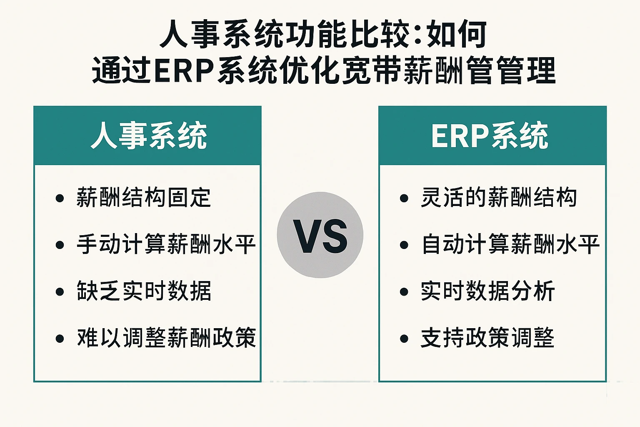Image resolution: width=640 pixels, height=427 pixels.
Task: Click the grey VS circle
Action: coord(320,235)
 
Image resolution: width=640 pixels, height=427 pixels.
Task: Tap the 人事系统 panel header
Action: coord(147,136)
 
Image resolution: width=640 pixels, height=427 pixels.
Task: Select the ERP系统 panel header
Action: coord(492,136)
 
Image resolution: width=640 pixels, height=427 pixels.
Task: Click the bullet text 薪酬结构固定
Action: coord(144,198)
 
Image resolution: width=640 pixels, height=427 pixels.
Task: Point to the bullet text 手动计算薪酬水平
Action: coord(166,244)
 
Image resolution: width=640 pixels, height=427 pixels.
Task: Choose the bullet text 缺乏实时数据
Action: coord(144,291)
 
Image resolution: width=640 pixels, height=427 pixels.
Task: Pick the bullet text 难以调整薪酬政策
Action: coord(166,338)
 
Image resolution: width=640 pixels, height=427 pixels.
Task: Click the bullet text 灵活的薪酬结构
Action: coord(499,198)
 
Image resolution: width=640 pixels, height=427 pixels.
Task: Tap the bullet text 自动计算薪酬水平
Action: coord(510,244)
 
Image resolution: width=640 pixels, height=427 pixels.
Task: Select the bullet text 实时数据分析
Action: coord(488,291)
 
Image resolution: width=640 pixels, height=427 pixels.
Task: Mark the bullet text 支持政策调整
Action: coord(487,338)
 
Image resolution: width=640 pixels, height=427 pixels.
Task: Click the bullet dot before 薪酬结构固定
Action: coord(60,198)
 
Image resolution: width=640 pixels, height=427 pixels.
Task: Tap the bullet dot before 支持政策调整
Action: coord(404,339)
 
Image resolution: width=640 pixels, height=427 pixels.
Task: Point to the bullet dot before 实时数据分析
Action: coord(404,292)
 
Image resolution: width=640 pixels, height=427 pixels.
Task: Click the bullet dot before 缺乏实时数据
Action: coord(60,292)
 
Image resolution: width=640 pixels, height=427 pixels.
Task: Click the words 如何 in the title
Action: coord(457,34)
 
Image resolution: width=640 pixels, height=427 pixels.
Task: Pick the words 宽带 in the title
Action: coord(372,70)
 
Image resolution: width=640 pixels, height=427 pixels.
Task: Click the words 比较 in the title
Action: coord(380,34)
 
